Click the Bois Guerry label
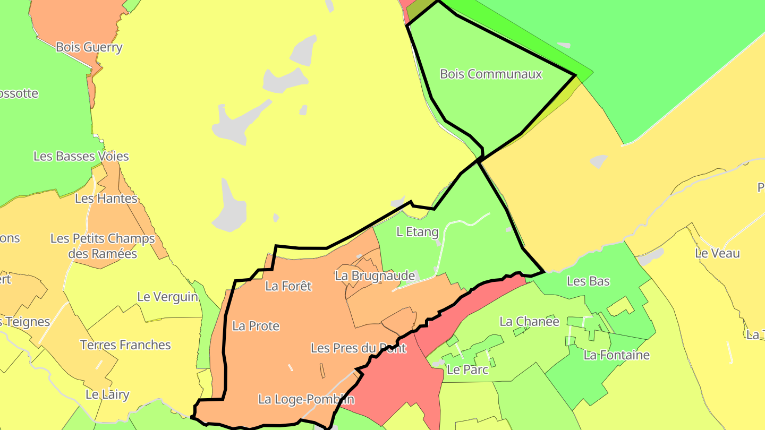tap(89, 47)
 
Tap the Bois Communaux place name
tap(491, 74)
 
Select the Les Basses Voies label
tap(81, 157)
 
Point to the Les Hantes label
tap(106, 199)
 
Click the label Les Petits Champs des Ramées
tap(103, 246)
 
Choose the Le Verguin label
tap(168, 297)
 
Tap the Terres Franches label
tap(125, 345)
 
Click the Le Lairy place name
tap(107, 394)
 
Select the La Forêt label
tap(288, 286)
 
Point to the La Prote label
tap(256, 326)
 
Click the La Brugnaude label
tap(375, 276)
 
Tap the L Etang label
tap(418, 232)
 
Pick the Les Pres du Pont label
tap(358, 348)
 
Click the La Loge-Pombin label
tap(306, 399)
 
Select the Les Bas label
tap(588, 281)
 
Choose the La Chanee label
tap(529, 322)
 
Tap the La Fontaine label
tap(616, 355)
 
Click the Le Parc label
tap(467, 369)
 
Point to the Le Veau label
tap(717, 254)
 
